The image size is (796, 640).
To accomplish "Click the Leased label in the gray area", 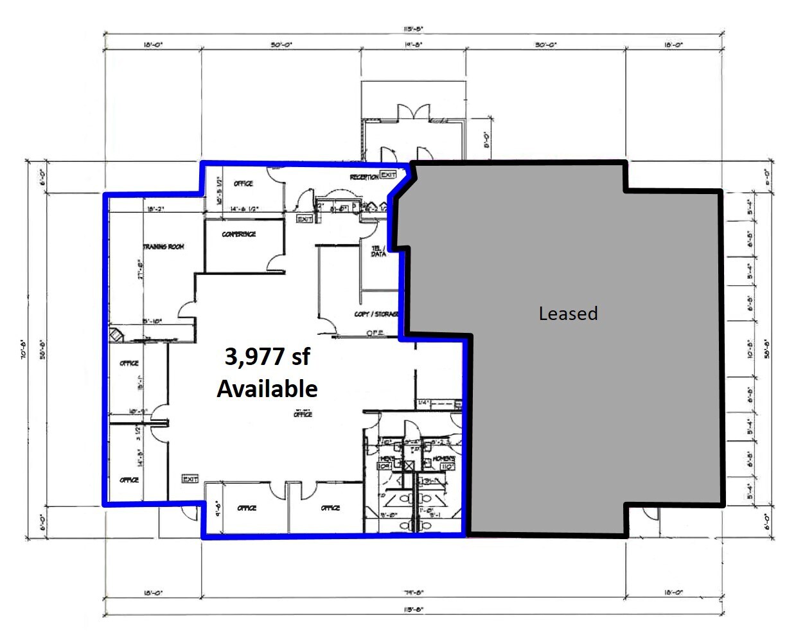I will coord(568,314).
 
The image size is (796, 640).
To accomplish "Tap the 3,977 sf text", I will coord(267,356).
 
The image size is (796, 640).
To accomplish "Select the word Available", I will coord(267,389).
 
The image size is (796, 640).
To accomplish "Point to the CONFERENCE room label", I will coord(239,235).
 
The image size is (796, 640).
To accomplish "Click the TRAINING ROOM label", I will coord(163,247).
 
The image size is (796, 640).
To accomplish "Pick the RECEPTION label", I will coord(364,177).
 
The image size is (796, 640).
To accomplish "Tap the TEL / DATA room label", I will coord(378,251).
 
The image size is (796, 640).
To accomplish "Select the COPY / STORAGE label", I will coord(376,314).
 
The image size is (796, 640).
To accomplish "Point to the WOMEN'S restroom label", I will coord(444,459).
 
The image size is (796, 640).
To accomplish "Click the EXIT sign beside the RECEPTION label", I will coord(388,175).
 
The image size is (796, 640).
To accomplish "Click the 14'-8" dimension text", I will coord(413,45).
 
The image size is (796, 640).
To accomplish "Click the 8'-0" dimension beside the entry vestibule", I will coord(487,139).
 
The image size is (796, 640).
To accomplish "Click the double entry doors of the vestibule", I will coord(414,112).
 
